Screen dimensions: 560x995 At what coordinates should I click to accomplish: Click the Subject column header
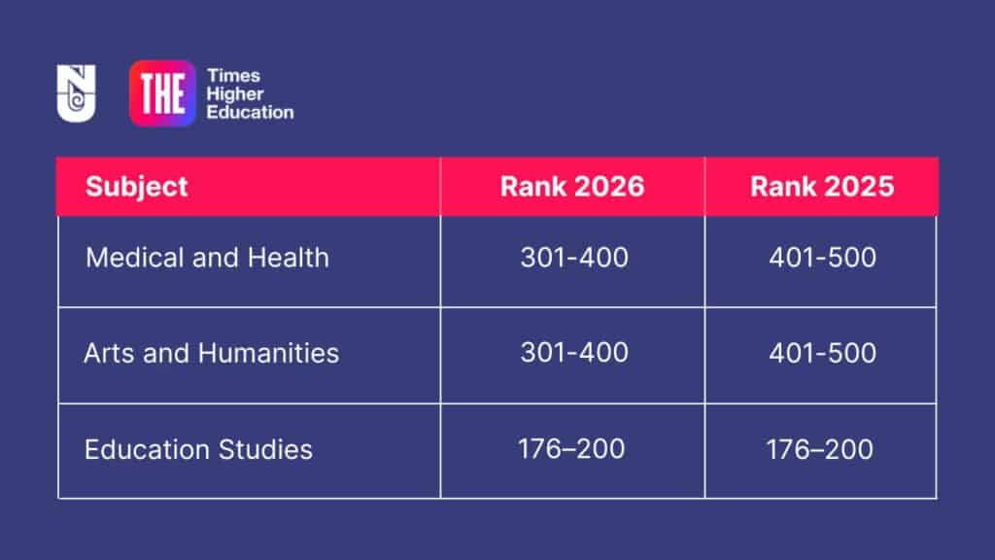click(136, 187)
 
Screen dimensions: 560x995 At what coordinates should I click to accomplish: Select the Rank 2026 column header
click(572, 187)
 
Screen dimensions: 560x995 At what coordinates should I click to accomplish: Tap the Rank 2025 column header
click(821, 187)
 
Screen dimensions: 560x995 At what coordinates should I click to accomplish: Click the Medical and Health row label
click(207, 258)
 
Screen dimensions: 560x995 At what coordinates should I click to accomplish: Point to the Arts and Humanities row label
click(211, 352)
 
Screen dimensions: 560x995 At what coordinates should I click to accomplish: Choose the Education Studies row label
click(198, 449)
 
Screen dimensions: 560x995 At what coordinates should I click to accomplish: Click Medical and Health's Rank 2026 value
click(573, 258)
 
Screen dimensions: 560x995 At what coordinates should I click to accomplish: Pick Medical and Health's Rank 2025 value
click(822, 258)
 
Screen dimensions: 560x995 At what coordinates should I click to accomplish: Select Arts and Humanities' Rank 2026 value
click(573, 352)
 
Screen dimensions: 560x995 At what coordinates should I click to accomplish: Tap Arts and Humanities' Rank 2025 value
click(822, 352)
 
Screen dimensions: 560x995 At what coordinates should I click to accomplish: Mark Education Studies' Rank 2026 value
click(573, 449)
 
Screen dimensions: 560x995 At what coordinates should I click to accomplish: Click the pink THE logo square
click(162, 93)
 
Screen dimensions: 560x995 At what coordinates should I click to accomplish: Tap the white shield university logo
click(76, 93)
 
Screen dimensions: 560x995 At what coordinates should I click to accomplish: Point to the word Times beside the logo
click(233, 76)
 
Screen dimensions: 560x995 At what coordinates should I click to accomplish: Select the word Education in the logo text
click(250, 112)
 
